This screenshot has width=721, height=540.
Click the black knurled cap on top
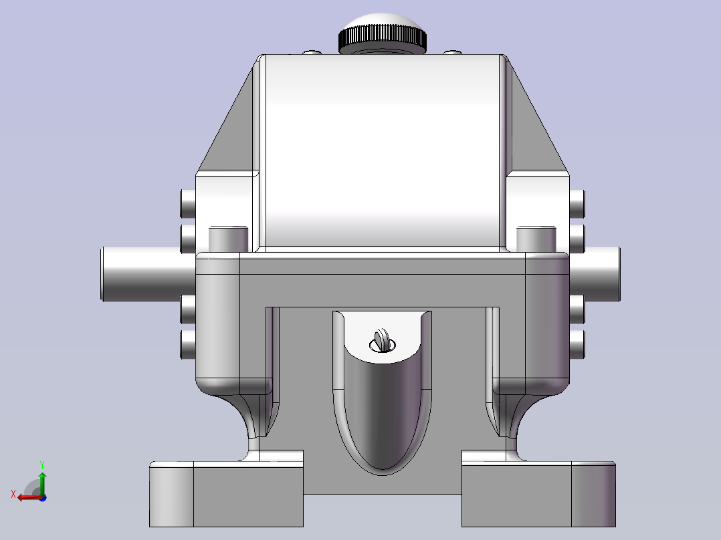click(x=382, y=39)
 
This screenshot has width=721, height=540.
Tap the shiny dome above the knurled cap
click(x=382, y=21)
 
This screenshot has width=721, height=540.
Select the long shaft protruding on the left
click(x=148, y=274)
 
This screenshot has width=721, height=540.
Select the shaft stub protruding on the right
click(x=595, y=274)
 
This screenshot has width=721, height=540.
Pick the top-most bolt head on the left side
click(x=188, y=203)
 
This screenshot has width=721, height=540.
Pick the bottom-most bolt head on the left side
click(x=188, y=345)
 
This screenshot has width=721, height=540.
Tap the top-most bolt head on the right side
click(x=577, y=203)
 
